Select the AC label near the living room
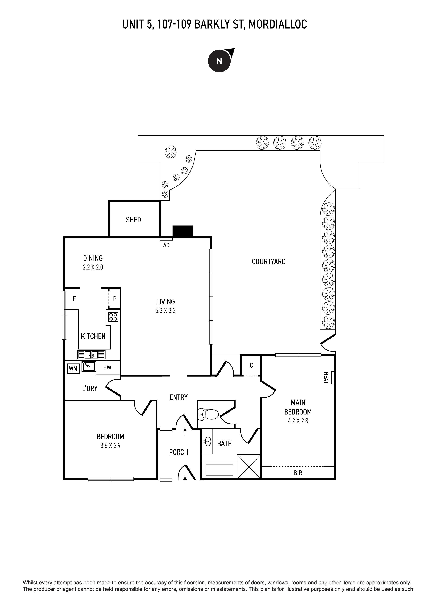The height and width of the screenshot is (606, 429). pos(166,245)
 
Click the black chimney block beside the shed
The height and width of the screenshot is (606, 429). pos(183,231)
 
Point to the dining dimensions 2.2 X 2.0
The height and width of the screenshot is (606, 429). pos(93,267)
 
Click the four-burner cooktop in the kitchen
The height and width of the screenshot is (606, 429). pos(113,316)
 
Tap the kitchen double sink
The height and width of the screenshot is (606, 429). pos(91,354)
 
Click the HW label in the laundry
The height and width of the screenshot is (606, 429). pos(107,367)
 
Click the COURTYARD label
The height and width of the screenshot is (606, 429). pos(268,262)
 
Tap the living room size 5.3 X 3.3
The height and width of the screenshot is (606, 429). pos(165,311)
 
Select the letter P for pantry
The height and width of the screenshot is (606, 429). pos(115,299)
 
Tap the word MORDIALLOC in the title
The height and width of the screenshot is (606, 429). pos(278,24)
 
